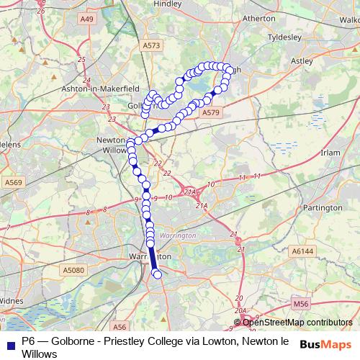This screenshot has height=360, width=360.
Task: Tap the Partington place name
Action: (x=324, y=207)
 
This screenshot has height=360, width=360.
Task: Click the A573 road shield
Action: (x=151, y=45)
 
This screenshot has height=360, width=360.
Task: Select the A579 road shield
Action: (x=210, y=113)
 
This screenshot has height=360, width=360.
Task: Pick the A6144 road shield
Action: (x=303, y=251)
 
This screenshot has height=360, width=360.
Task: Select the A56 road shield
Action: (x=120, y=326)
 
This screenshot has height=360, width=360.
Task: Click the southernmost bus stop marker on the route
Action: (x=158, y=274)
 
